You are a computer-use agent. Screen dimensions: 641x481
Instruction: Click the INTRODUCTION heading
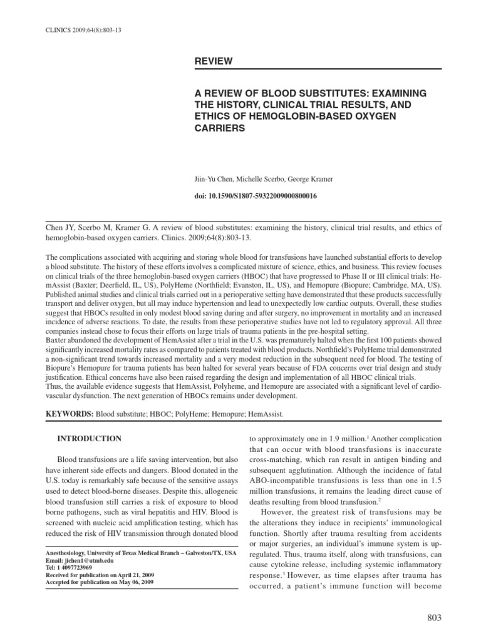[90, 438]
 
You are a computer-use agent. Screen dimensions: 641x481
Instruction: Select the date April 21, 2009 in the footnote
[134, 574]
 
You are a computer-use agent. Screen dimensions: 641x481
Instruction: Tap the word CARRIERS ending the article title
[219, 127]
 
